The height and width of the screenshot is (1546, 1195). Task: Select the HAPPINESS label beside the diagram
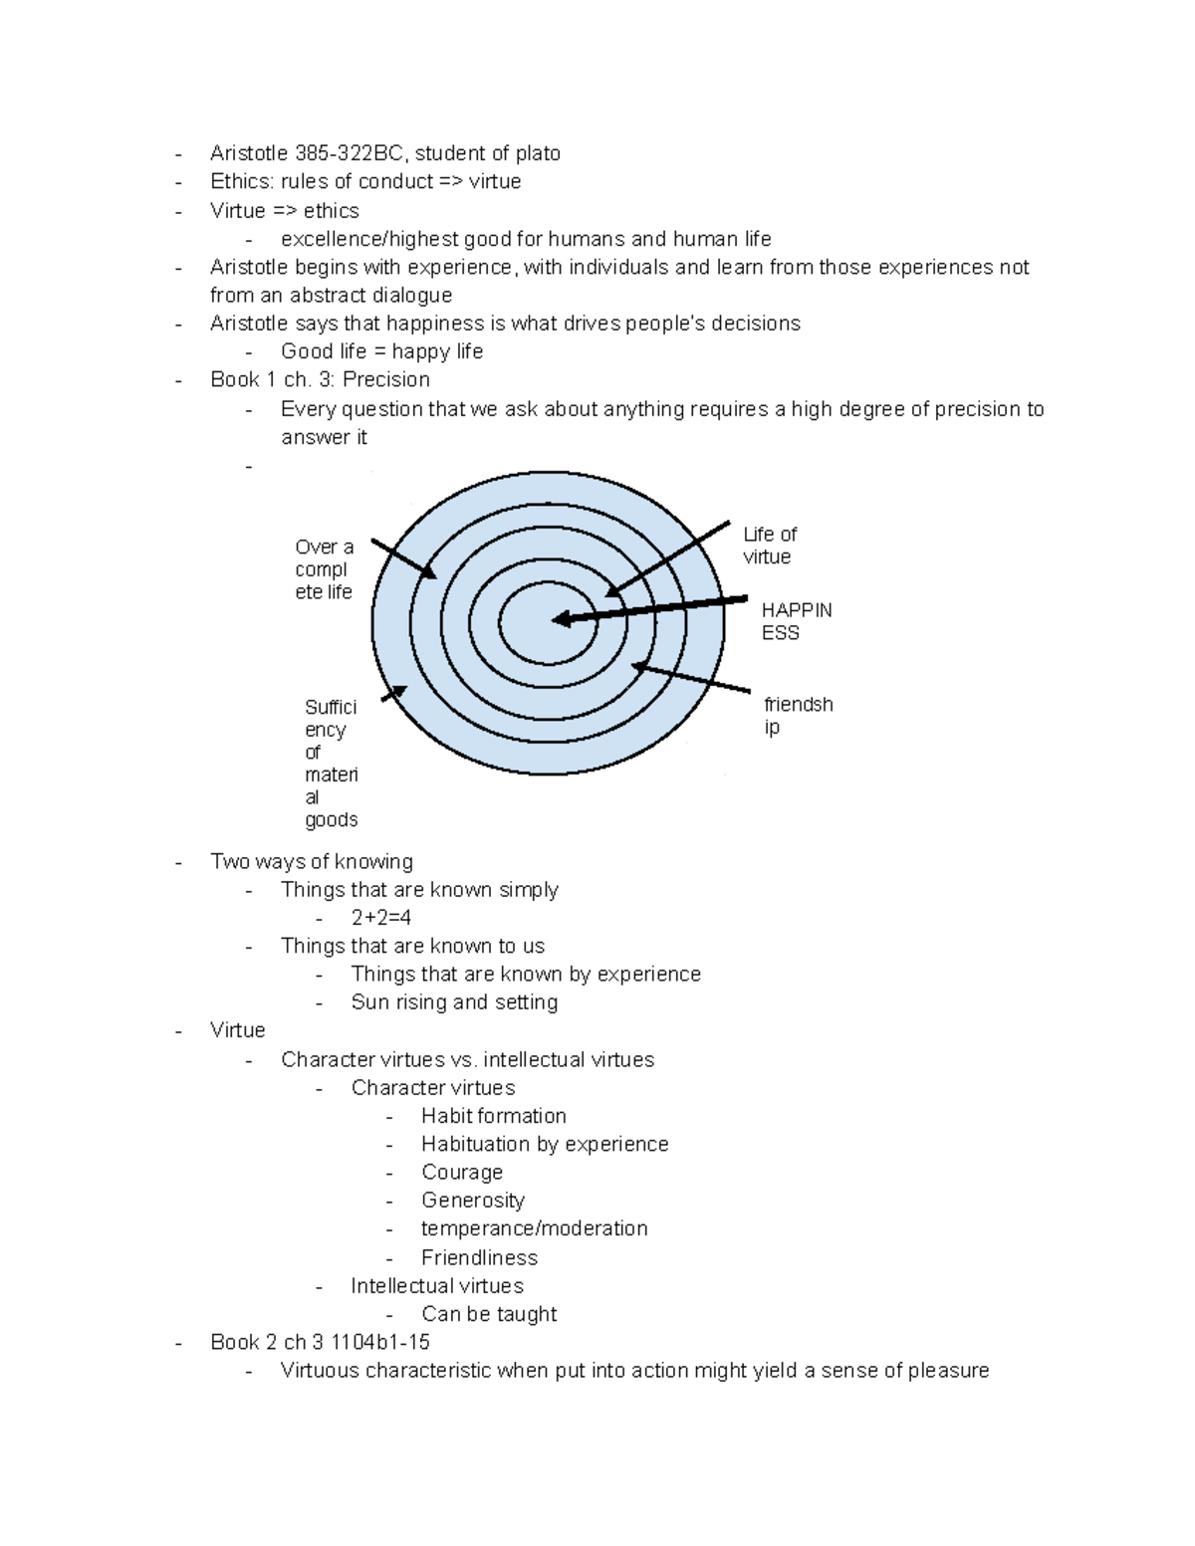pos(796,621)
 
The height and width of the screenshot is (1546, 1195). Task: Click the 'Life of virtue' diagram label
pos(769,546)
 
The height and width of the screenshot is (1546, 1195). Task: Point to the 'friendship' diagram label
pos(798,715)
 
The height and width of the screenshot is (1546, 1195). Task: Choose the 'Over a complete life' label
pos(324,568)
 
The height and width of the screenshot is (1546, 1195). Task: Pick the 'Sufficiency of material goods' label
pos(331,763)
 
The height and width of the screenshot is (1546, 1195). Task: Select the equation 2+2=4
pos(380,918)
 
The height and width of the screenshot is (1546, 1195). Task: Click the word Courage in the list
pos(462,1172)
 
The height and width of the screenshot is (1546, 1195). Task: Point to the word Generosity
pos(473,1201)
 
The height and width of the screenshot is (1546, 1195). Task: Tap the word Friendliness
pos(479,1257)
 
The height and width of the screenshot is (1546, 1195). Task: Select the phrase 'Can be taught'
pos(489,1314)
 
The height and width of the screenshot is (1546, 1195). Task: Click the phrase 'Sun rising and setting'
pos(454,1002)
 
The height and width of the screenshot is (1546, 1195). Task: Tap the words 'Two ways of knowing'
pos(312,861)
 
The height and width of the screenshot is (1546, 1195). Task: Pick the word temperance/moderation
pos(534,1228)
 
